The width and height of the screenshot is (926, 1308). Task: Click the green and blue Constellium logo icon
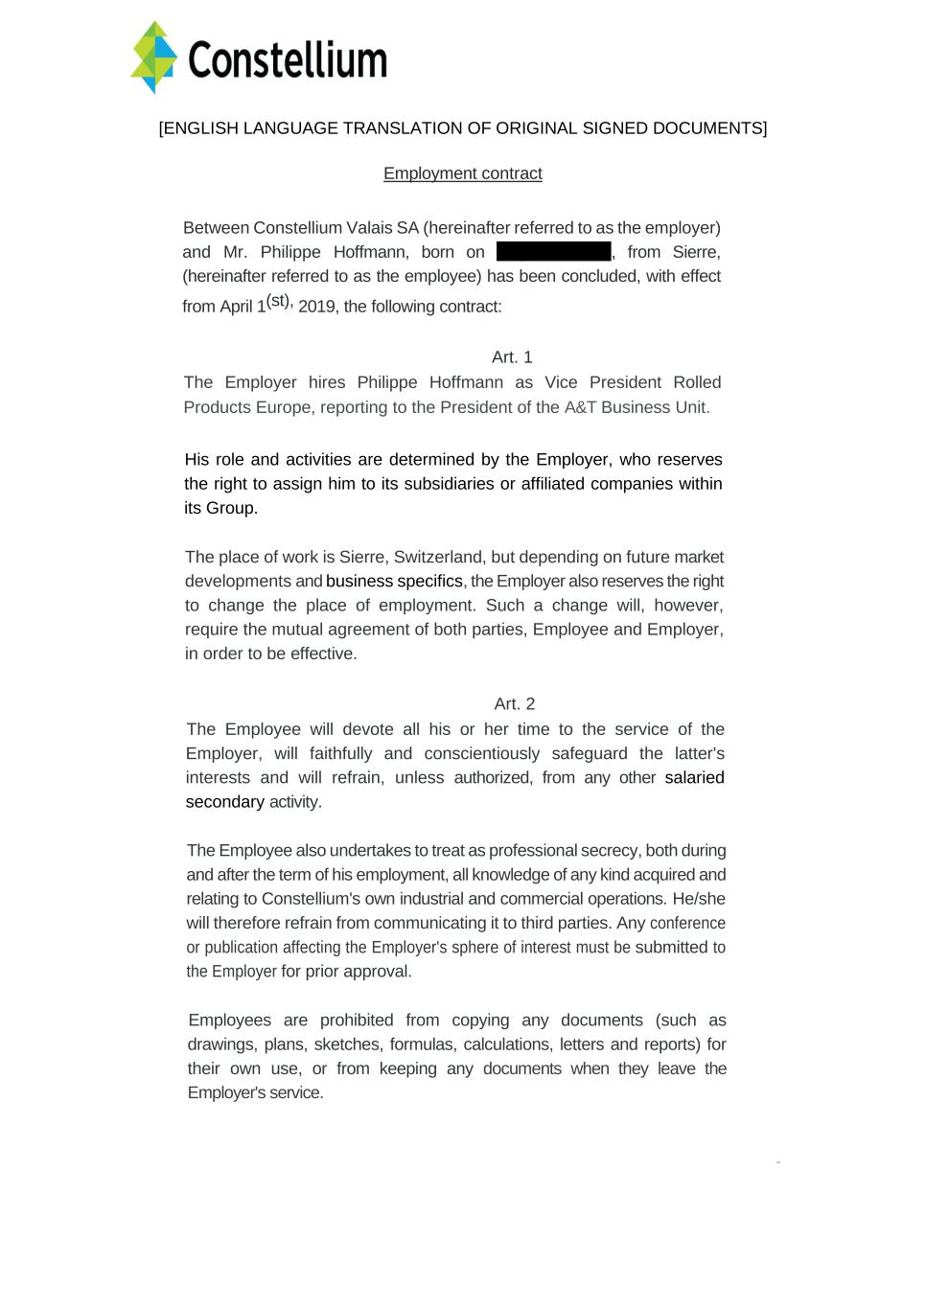click(x=154, y=57)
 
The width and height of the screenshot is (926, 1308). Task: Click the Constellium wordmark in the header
click(x=288, y=60)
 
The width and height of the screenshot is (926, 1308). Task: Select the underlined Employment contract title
click(x=463, y=173)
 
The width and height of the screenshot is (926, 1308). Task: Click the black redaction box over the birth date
click(x=554, y=252)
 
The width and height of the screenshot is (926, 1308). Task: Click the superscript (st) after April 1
click(x=278, y=301)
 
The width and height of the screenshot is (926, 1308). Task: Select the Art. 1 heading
click(x=512, y=357)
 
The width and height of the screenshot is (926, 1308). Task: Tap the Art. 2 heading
click(x=515, y=704)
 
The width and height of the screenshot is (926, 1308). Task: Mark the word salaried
click(x=694, y=777)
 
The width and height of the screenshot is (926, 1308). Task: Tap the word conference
click(x=687, y=923)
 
